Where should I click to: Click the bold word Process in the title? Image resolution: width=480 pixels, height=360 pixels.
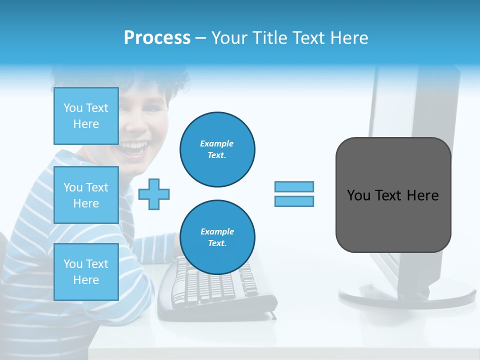tap(157, 38)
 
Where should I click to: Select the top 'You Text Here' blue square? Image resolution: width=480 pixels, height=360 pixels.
tap(86, 116)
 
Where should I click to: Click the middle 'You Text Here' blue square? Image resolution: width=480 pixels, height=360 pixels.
tap(86, 195)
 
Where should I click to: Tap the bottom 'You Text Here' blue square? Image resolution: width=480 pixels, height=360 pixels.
tap(86, 272)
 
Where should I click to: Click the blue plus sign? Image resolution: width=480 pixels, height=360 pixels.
tap(154, 194)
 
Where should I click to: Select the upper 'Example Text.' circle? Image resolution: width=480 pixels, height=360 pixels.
tap(217, 149)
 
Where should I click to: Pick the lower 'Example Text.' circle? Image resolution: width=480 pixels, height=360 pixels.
tap(217, 237)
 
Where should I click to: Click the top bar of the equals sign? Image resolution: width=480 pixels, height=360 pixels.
tap(294, 187)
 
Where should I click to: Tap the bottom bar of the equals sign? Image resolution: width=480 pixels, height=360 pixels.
tap(294, 201)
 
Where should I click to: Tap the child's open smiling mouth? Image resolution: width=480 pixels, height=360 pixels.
tap(134, 147)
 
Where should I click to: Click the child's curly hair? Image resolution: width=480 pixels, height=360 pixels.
tap(170, 80)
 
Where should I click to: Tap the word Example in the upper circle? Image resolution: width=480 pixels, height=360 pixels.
tap(217, 143)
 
